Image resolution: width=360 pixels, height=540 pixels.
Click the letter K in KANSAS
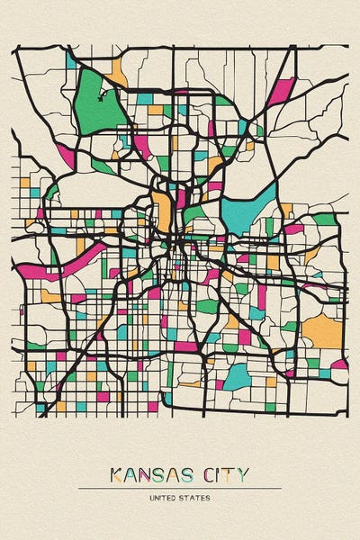coord(116,474)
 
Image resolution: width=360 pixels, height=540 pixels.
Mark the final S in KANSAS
coord(191,474)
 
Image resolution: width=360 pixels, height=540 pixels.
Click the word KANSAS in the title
coord(153,474)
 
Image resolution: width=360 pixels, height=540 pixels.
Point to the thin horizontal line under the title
coord(180,488)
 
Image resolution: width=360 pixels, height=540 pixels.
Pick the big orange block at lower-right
coord(323,331)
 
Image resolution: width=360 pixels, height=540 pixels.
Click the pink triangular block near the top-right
coord(282,91)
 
